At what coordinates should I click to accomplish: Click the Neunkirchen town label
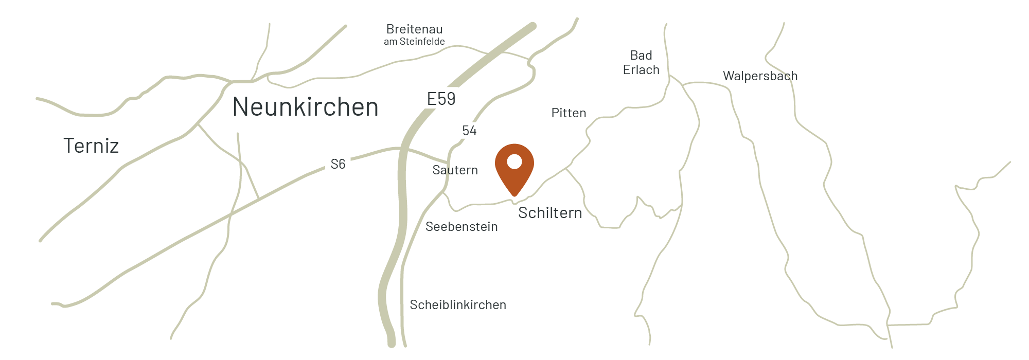coord(306,107)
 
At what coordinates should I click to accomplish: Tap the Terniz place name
coord(91,146)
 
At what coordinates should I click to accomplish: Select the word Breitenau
coord(415,29)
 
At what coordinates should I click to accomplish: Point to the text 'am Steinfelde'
coord(414,42)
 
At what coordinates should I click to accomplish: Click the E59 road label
coord(441,99)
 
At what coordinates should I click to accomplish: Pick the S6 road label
coord(338,164)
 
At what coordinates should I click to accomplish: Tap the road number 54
coord(469,131)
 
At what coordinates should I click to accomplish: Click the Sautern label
coord(455,170)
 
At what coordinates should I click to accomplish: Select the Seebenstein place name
coord(462,227)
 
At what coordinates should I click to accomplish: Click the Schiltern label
coord(550,213)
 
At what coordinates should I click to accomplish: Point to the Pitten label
coord(569,113)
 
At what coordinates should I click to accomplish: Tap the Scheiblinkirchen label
coord(458,305)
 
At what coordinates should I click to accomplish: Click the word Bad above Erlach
coord(641,56)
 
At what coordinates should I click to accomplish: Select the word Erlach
coord(641,70)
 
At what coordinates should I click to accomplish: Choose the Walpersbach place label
coord(760,76)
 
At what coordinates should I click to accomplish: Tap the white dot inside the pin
coord(514,162)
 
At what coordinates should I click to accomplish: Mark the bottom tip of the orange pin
coord(514,196)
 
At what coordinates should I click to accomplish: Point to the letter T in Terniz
coord(69,146)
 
